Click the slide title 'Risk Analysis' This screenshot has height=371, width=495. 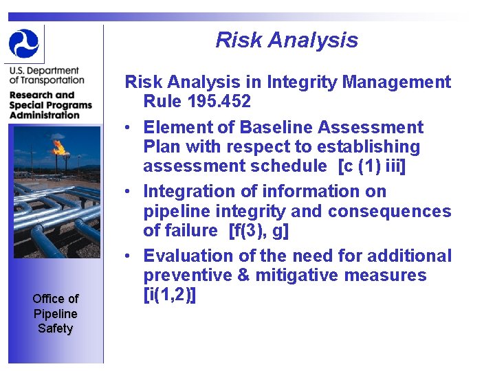(287, 40)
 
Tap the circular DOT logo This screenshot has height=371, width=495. (23, 43)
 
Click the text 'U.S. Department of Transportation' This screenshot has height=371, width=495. (45, 75)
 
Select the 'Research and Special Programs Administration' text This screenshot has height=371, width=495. (50, 105)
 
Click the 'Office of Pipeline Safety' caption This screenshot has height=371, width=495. (55, 313)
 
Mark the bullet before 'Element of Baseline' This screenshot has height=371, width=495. (129, 128)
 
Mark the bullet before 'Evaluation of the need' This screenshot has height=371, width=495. (129, 256)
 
